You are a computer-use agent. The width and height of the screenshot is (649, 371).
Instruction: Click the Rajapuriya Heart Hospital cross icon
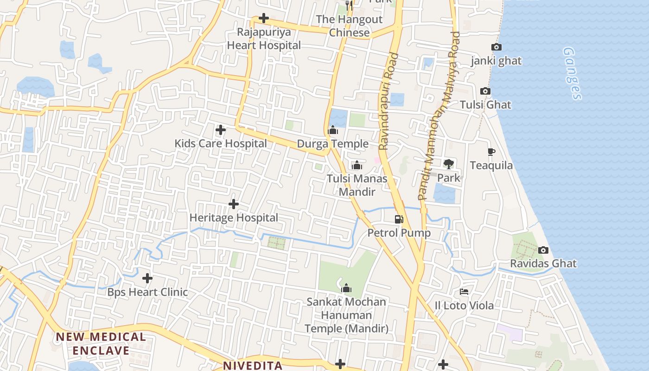pyautogui.click(x=264, y=19)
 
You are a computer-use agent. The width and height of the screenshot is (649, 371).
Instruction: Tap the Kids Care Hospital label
pyautogui.click(x=221, y=143)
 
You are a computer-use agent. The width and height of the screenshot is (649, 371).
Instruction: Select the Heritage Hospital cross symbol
pyautogui.click(x=234, y=204)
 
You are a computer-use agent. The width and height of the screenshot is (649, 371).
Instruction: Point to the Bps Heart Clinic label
pyautogui.click(x=147, y=292)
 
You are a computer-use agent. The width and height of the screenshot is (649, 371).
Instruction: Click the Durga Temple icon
pyautogui.click(x=333, y=130)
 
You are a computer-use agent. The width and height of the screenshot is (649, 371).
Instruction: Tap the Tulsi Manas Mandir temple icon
pyautogui.click(x=356, y=165)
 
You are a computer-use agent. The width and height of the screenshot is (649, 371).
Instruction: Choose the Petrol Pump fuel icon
pyautogui.click(x=399, y=219)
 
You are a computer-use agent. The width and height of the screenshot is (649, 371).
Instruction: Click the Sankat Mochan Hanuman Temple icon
pyautogui.click(x=346, y=288)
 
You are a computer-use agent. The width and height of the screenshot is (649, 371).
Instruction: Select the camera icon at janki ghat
pyautogui.click(x=496, y=47)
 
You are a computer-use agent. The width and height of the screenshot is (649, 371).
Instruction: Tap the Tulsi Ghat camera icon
pyautogui.click(x=485, y=91)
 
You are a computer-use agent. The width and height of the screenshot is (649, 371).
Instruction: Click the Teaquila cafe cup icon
pyautogui.click(x=491, y=152)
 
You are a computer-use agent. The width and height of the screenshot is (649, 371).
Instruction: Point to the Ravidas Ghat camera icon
pyautogui.click(x=543, y=250)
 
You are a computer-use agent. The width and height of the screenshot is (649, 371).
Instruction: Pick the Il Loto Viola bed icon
pyautogui.click(x=464, y=292)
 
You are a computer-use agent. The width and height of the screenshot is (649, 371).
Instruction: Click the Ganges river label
pyautogui.click(x=572, y=73)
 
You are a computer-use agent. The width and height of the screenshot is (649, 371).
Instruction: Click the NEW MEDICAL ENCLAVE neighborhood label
pyautogui.click(x=101, y=344)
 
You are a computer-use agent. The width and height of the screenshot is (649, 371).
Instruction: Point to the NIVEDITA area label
pyautogui.click(x=253, y=365)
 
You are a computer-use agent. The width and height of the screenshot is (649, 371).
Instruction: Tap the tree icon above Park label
pyautogui.click(x=448, y=164)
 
